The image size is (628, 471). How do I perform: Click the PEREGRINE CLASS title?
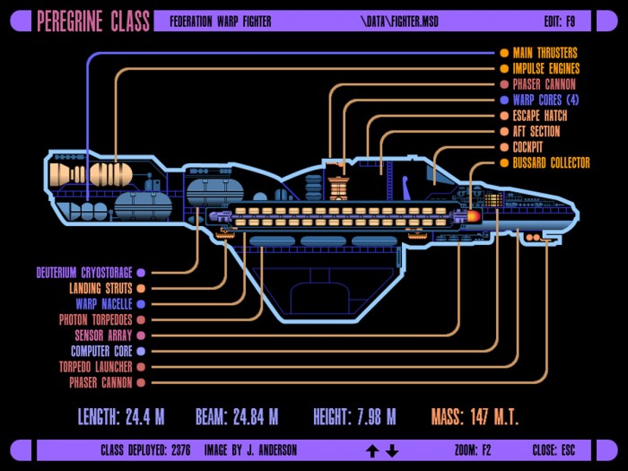93,22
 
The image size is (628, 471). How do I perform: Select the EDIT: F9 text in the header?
560,22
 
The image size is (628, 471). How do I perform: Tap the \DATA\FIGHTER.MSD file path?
399,22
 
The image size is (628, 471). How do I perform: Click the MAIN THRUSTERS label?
545,53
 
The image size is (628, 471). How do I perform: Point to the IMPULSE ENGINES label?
546,68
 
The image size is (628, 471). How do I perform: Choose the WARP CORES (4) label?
545,100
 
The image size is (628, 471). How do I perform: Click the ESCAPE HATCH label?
540,116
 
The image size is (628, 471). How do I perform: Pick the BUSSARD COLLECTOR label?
552,162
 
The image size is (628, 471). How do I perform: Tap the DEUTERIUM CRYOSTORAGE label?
84,273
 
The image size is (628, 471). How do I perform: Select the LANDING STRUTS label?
100,288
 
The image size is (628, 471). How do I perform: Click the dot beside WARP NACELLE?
141,304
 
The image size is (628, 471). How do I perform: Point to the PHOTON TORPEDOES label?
96,319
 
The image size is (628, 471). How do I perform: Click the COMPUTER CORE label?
101,352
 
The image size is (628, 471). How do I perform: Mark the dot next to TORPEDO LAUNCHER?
141,367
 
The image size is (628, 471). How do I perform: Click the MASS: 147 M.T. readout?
475,417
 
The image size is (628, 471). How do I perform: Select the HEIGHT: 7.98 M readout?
354,417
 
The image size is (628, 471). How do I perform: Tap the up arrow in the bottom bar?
372,451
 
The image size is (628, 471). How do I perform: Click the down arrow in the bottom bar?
392,451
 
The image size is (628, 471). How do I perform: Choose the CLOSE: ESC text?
554,450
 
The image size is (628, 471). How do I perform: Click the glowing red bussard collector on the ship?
474,216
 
